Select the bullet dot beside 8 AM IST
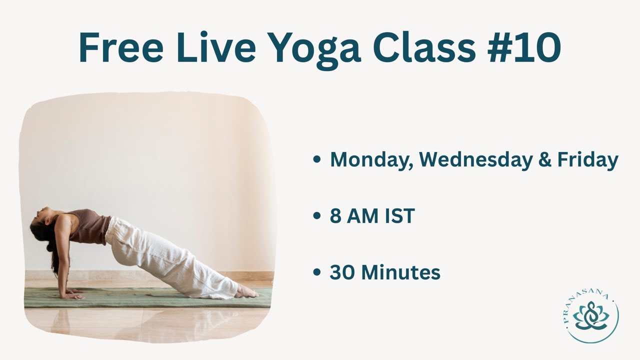[x=316, y=216]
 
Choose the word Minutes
[x=400, y=273]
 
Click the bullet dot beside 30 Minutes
[x=316, y=273]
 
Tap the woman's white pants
[x=165, y=255]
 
